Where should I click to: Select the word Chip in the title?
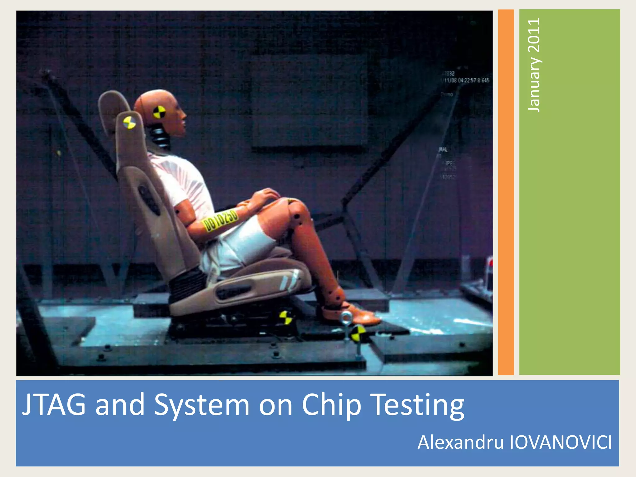click(331, 405)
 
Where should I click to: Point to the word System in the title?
click(202, 405)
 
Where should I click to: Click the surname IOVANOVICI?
click(561, 442)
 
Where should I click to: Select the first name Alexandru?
click(461, 442)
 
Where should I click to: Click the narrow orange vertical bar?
click(506, 193)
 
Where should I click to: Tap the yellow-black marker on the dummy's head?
click(159, 112)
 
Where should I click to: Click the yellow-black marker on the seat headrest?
click(129, 122)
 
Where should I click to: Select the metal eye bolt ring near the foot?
click(345, 318)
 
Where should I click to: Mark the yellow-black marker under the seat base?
click(285, 317)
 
